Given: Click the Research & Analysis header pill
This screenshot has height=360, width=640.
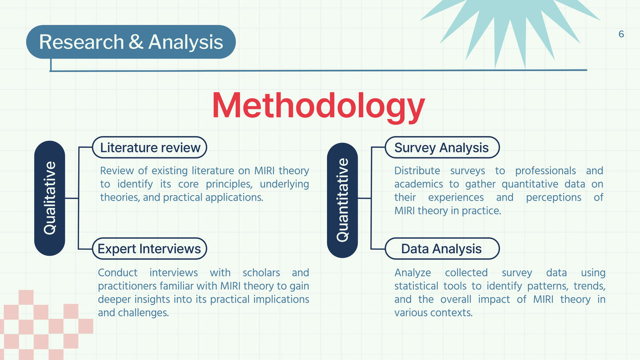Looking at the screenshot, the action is pos(131,42).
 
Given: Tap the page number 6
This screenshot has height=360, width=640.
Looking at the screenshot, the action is pos(621,34).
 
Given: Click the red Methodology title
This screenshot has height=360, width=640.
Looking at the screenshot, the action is pos(319,106).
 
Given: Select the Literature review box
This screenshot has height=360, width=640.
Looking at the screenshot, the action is pos(149,148).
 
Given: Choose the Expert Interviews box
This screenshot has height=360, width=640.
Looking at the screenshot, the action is pos(149,248).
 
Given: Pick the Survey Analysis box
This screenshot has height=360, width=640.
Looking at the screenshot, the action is pos(442,148).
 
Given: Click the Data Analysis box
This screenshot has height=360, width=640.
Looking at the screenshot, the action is pos(442,248).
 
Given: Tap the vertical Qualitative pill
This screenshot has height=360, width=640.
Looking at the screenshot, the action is pos(50,198).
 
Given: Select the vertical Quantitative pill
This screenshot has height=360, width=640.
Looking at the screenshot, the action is pos(342,200).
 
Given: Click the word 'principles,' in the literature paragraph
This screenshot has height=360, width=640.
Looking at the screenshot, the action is pos(229,184).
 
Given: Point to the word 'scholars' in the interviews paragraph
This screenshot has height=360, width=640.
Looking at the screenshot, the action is pos(261,272).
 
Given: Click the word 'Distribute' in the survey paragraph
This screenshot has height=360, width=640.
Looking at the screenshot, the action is pos(417,171).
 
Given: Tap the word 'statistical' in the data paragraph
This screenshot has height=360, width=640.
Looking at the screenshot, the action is pos(416,286).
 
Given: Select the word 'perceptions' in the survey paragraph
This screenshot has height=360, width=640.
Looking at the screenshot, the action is pos(553,198).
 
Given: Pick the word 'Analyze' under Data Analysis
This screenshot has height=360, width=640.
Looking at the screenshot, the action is pos(412,273).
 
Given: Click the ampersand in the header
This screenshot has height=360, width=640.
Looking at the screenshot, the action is pos(136,42).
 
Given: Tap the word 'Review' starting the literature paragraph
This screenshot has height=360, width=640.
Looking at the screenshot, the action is pos(117,171).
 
